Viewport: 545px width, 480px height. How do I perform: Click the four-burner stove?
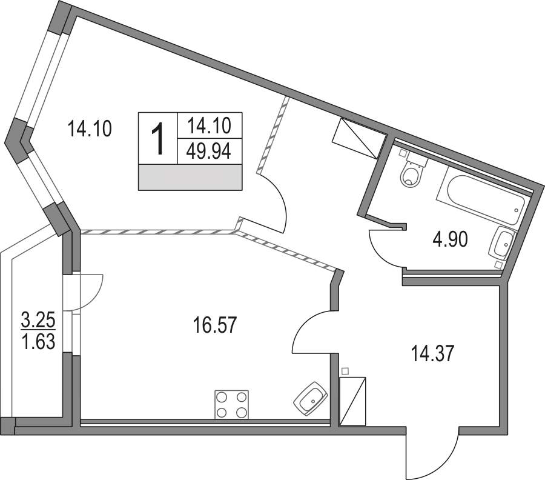(232, 404)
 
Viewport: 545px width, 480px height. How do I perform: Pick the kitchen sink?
(311, 399)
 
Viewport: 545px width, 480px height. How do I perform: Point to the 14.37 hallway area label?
(432, 353)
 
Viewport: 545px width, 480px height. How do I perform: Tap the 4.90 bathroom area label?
(450, 239)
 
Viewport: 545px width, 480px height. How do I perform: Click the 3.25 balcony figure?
(38, 319)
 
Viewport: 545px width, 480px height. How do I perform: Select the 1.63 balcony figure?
(38, 341)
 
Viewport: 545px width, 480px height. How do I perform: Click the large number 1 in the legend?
(158, 138)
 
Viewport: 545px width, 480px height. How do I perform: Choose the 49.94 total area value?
(209, 152)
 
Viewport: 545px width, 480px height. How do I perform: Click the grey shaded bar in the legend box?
(190, 177)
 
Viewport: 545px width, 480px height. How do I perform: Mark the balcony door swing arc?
(96, 296)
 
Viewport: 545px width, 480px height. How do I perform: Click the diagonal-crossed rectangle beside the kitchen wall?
(352, 401)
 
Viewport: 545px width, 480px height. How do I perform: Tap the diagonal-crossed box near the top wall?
(359, 138)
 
